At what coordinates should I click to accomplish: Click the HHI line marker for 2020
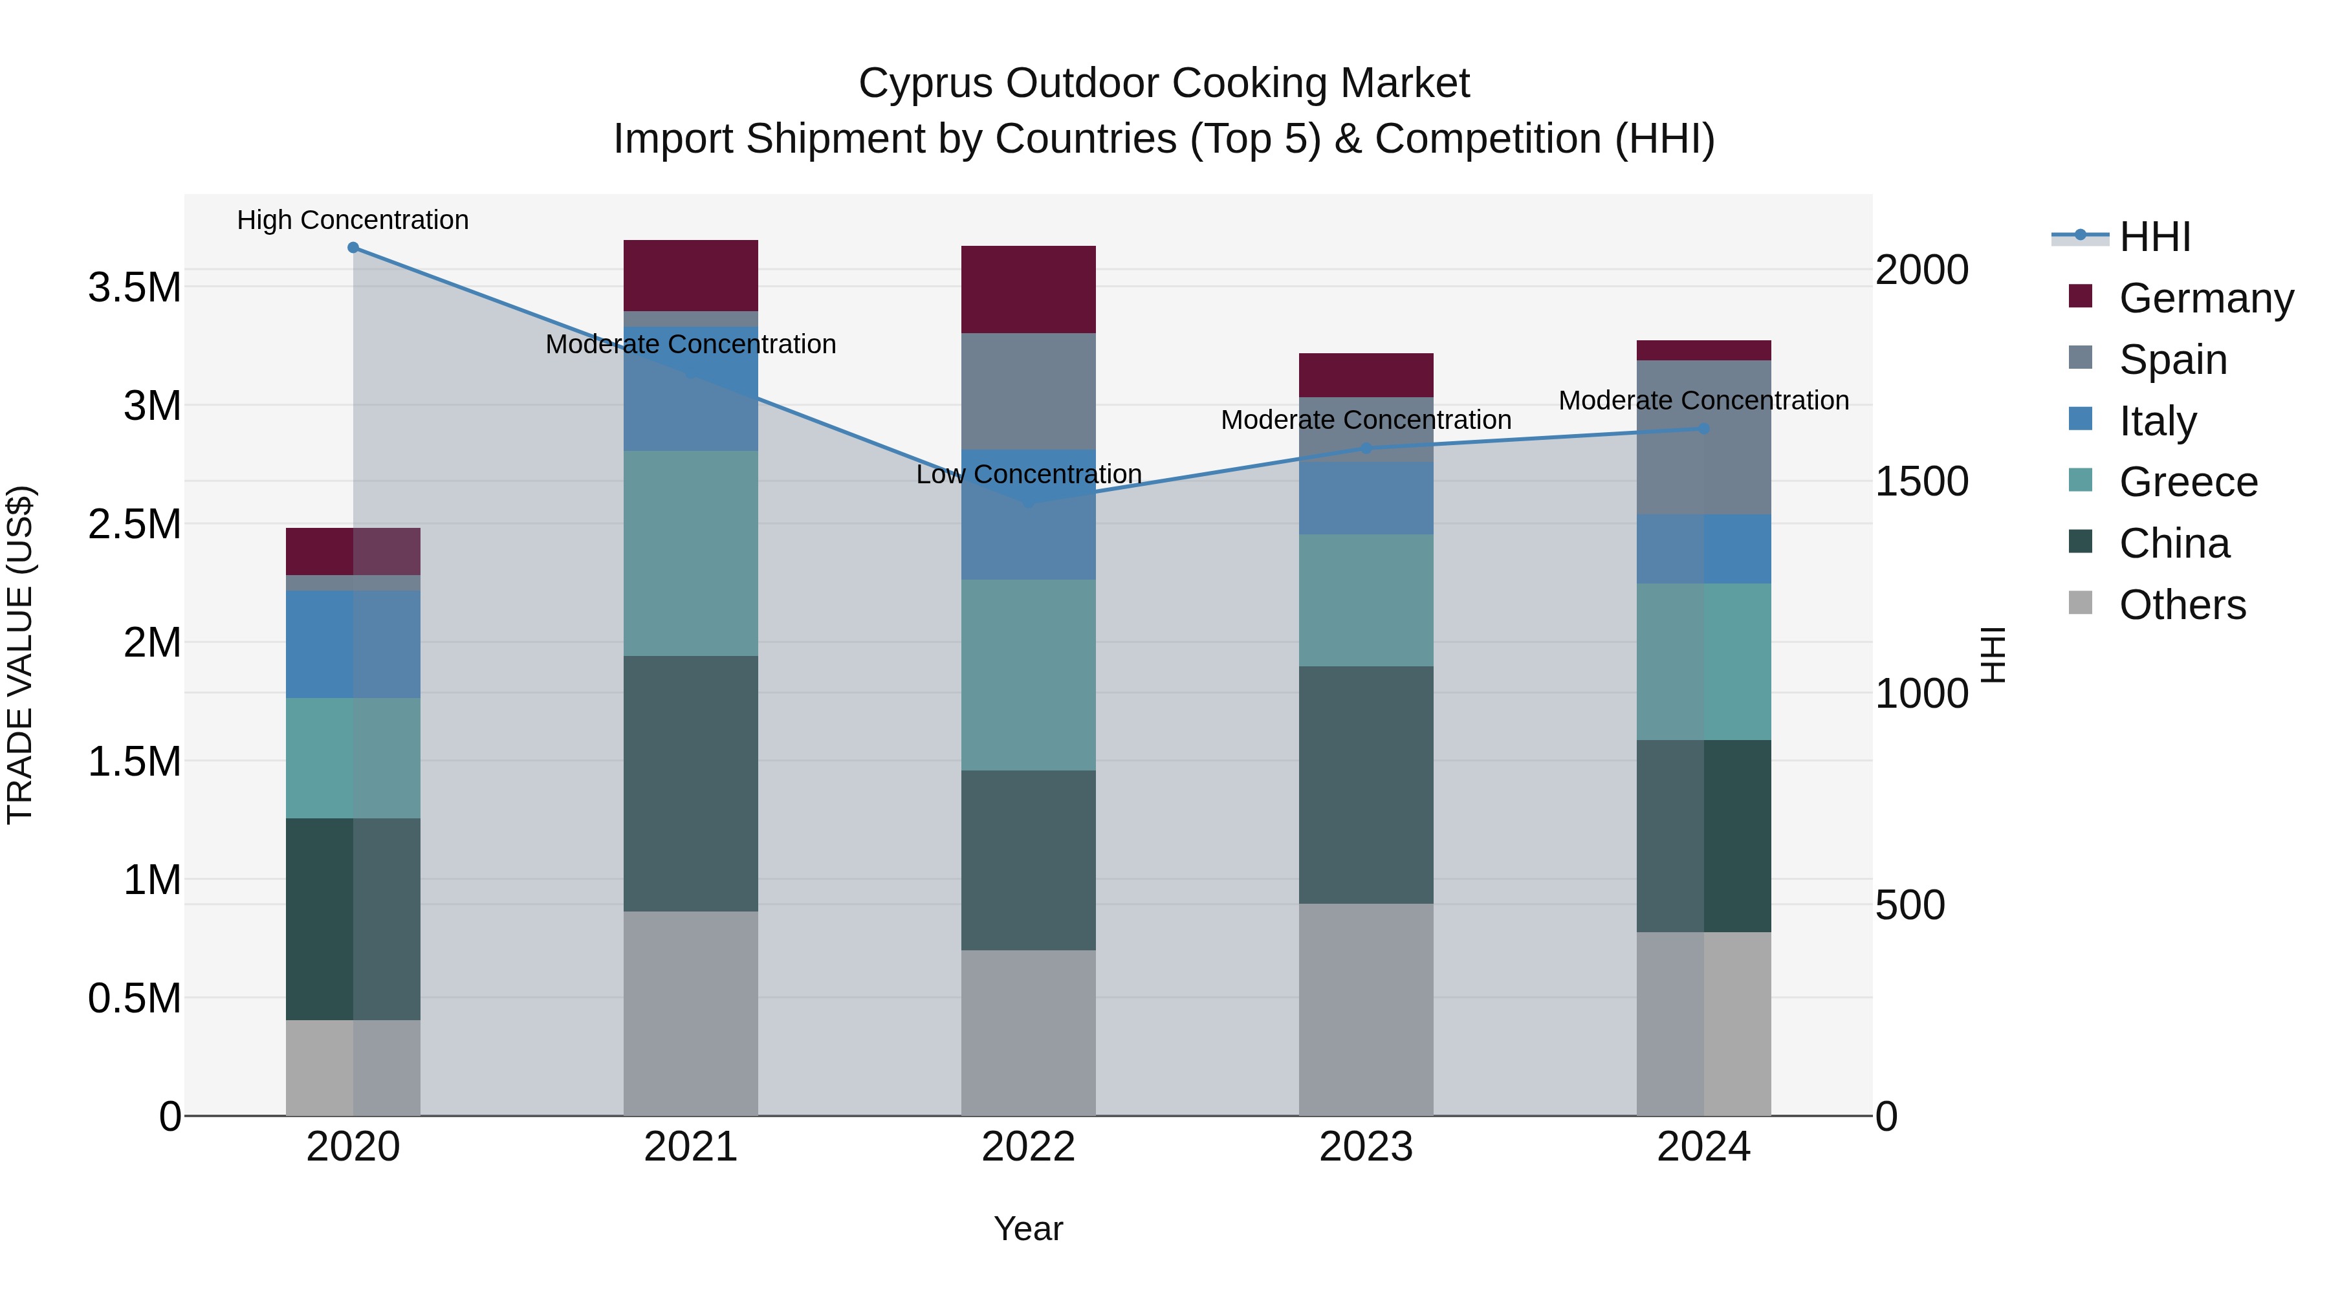353,248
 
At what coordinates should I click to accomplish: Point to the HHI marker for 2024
1703,428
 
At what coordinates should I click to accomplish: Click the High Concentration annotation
353,221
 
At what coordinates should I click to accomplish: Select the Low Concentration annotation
1028,475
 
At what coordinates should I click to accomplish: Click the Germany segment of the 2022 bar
1028,289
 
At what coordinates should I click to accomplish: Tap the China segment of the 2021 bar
691,783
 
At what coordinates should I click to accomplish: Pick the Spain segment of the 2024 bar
1703,437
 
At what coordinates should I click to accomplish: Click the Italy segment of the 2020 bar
353,644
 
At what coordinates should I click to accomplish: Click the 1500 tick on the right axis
1921,482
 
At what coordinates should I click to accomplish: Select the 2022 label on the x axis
1028,1147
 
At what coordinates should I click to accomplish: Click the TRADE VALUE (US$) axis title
20,655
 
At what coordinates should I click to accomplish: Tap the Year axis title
1028,1228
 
